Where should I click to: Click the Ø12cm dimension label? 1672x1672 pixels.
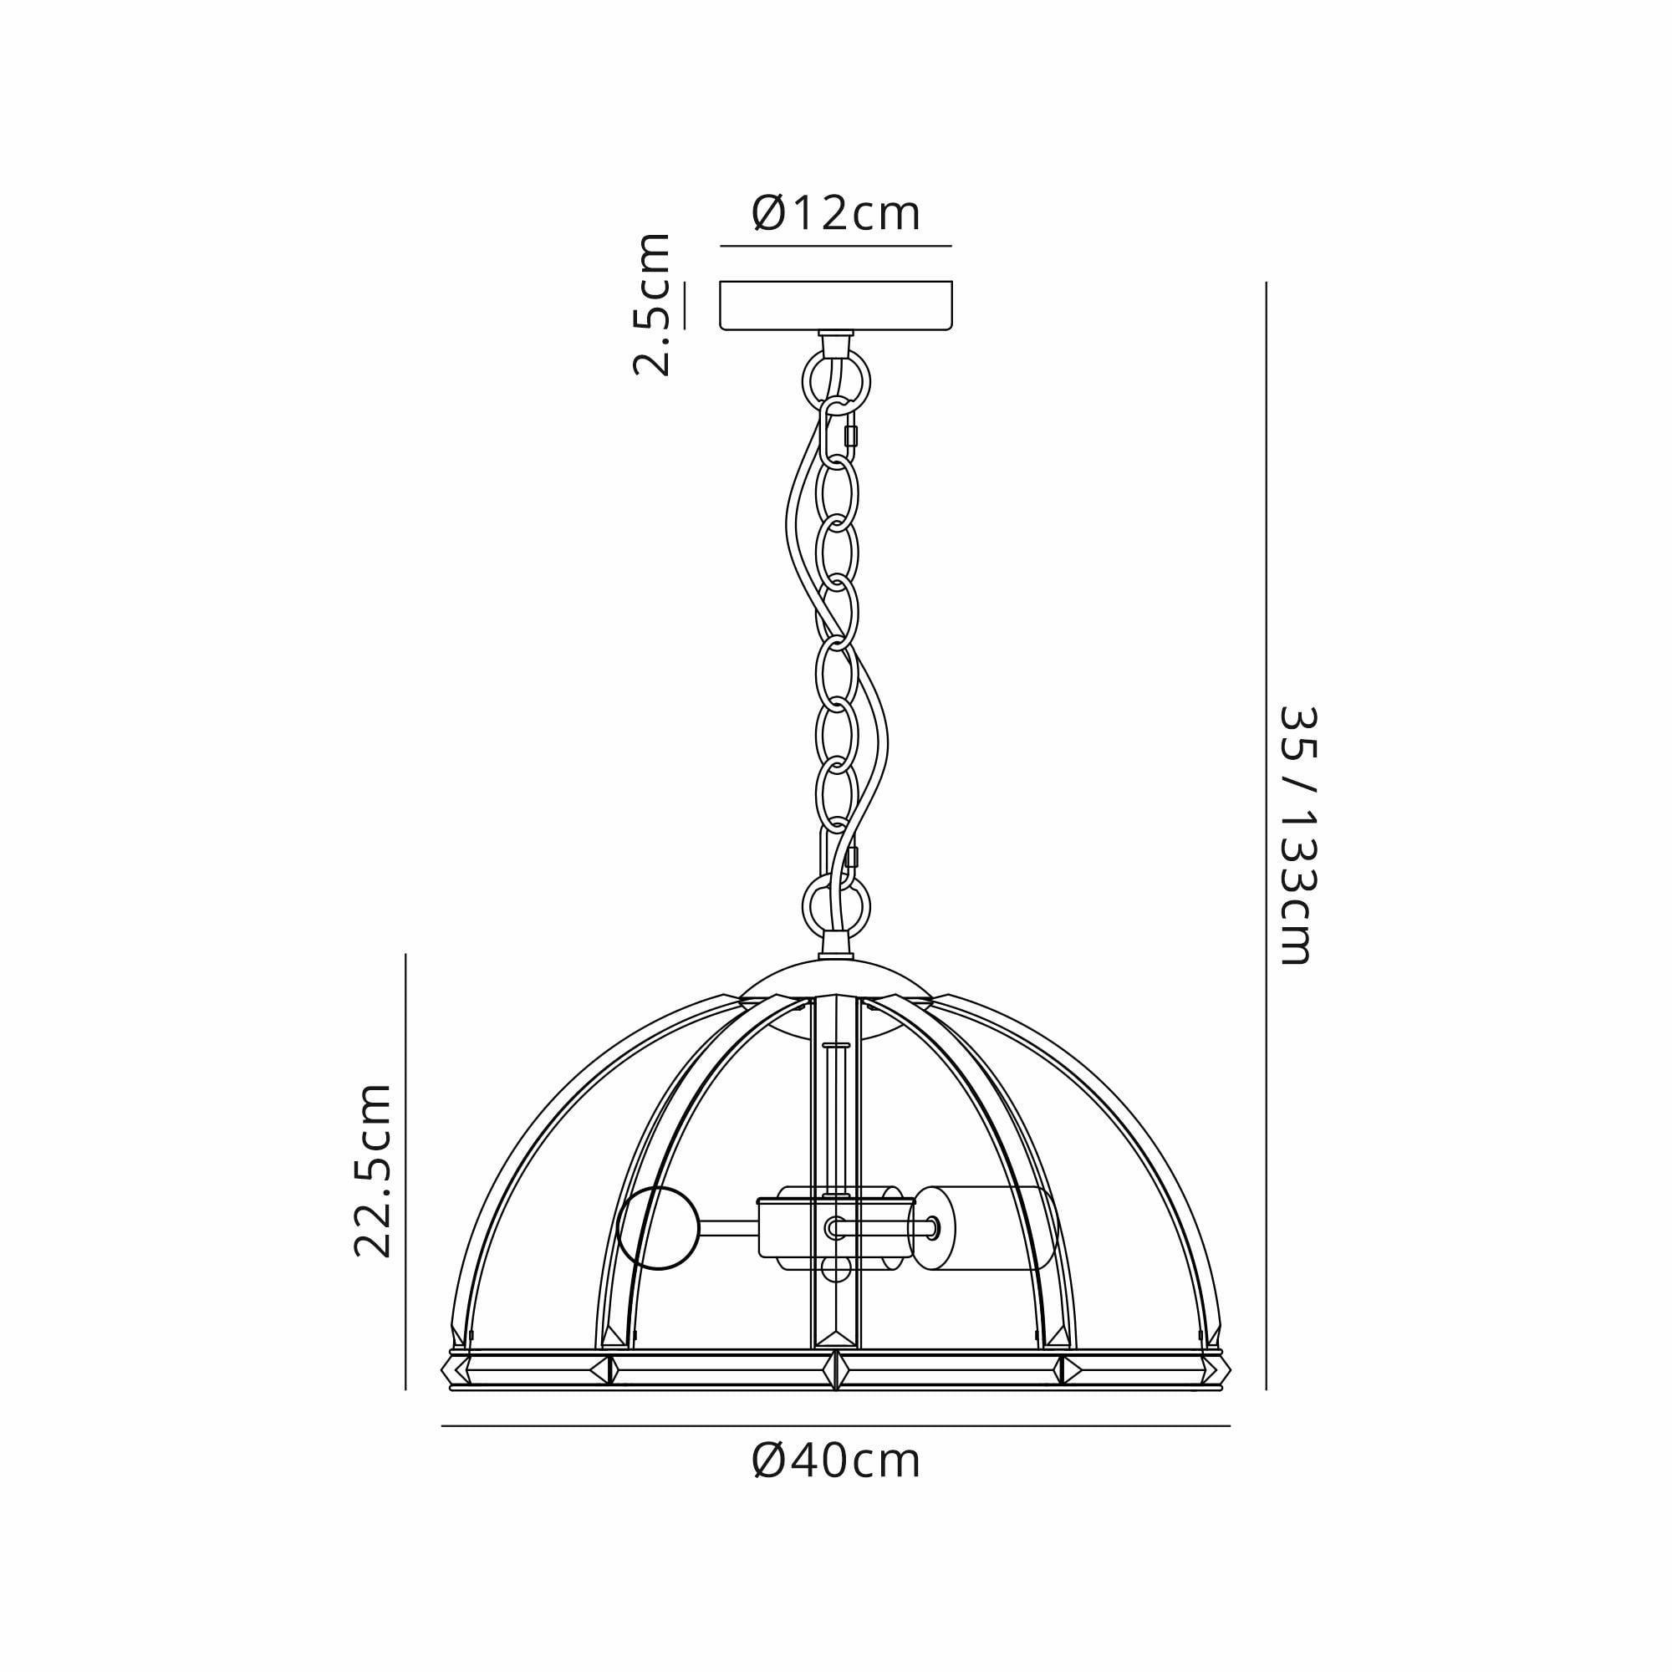[x=836, y=214]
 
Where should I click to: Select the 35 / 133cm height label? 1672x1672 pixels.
[x=1297, y=835]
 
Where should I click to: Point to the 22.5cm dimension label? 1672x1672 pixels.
[x=374, y=1170]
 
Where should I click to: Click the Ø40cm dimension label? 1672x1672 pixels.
[x=836, y=1461]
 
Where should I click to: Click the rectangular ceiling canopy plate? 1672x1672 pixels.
[x=836, y=304]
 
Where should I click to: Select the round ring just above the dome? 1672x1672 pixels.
[x=836, y=907]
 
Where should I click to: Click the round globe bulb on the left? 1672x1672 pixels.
[x=659, y=1228]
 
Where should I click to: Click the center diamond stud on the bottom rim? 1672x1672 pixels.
[x=836, y=1370]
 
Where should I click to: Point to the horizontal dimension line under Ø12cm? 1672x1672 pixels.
[x=836, y=247]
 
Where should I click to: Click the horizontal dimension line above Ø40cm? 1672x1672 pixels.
[x=836, y=1425]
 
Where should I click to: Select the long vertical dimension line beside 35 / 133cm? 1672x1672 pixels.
[x=1266, y=835]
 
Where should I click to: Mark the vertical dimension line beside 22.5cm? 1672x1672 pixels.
[x=406, y=1171]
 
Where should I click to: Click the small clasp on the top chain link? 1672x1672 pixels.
[x=851, y=436]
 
